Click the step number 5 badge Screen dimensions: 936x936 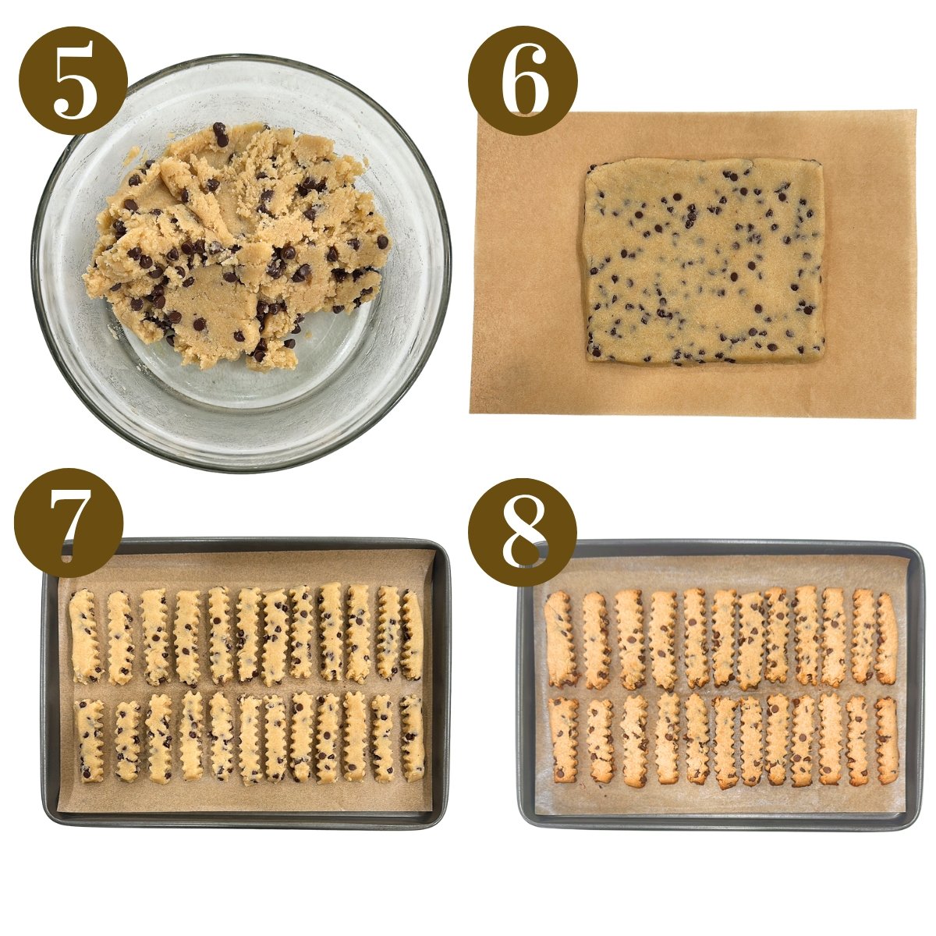(73, 80)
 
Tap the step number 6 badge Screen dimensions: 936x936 (523, 80)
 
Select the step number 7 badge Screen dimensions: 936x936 (69, 522)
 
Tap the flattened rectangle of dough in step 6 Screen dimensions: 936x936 (704, 261)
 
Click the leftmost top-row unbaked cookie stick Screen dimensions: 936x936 (84, 636)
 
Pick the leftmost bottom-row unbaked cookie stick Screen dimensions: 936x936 (90, 739)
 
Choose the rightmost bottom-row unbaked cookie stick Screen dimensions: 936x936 (413, 738)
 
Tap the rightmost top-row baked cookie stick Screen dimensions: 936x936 (887, 639)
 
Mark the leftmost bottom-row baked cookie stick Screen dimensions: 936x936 (563, 739)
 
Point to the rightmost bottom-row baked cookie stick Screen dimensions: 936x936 (887, 739)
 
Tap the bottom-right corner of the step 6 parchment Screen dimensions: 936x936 (913, 417)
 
